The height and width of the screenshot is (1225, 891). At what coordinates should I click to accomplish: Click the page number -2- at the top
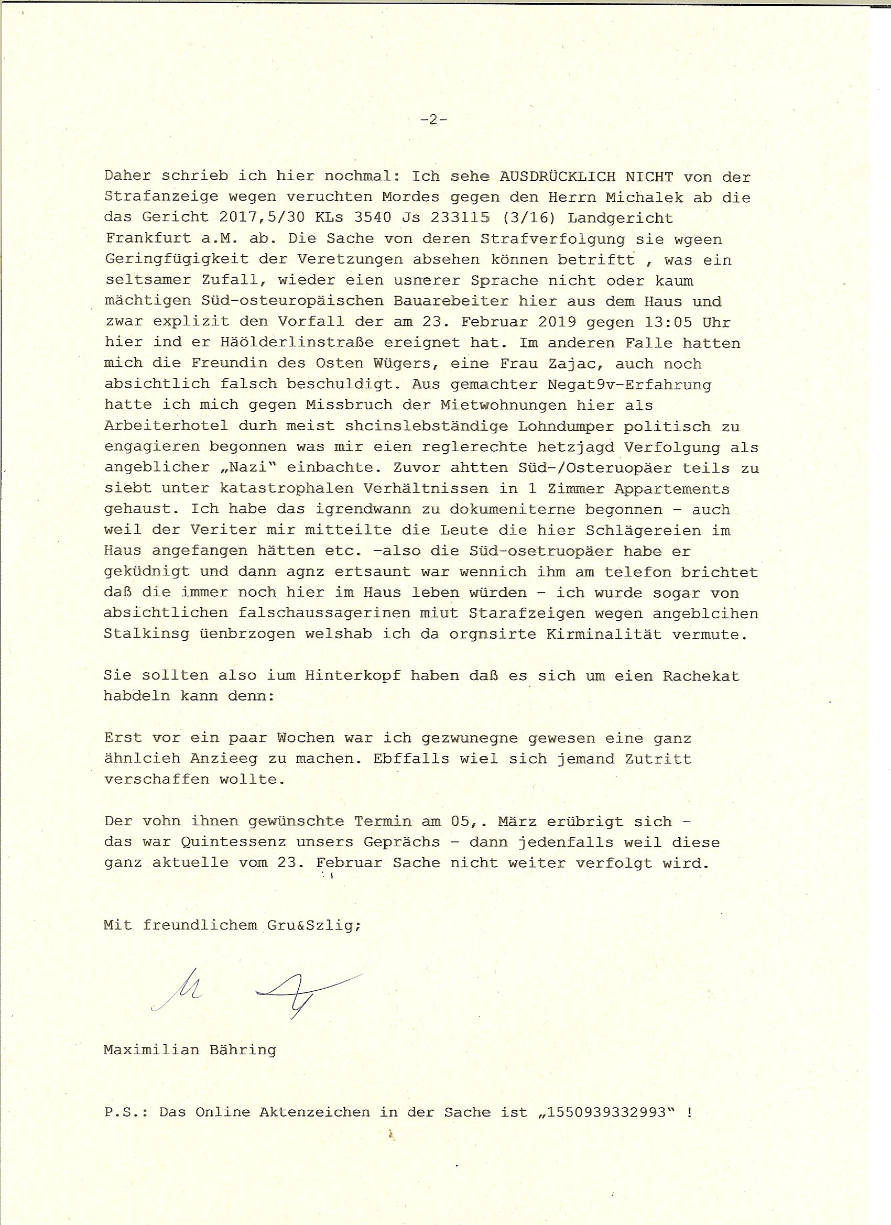click(x=433, y=120)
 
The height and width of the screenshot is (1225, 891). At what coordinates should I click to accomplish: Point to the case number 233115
click(x=461, y=217)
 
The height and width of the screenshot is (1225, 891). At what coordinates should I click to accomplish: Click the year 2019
click(x=557, y=322)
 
